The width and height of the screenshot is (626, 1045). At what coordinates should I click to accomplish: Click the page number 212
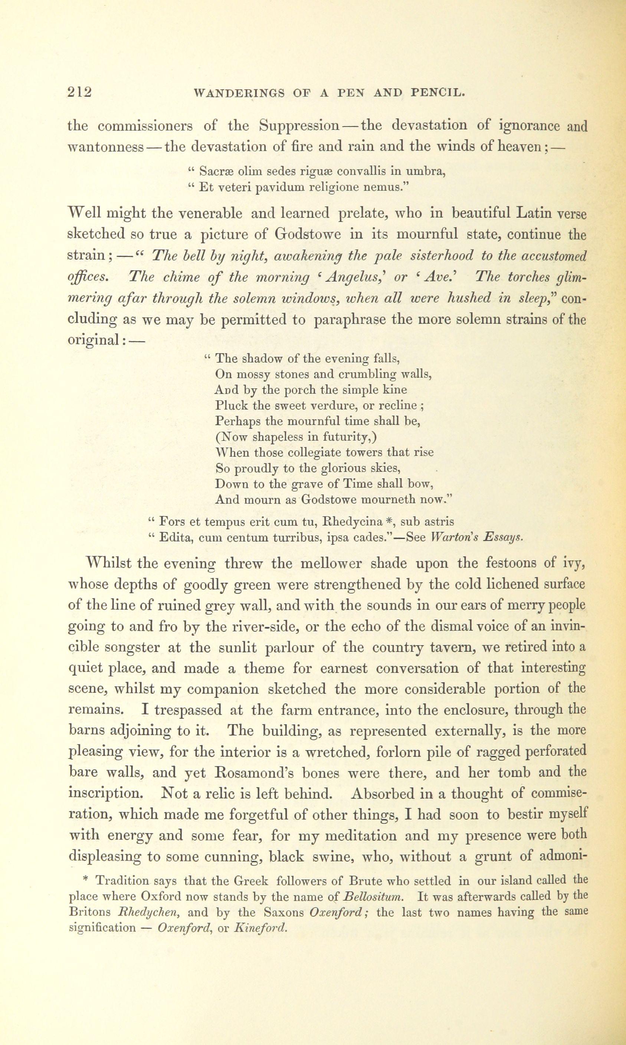(x=80, y=93)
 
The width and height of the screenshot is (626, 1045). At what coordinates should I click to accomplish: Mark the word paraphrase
(x=350, y=319)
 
